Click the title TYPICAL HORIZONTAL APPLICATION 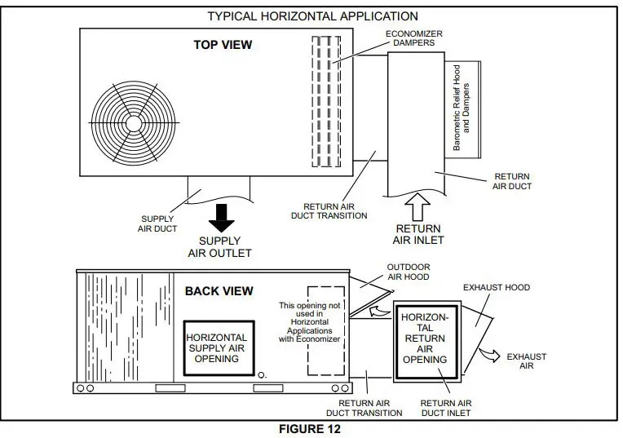pos(312,15)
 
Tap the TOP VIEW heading pos(223,45)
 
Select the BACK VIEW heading pos(219,290)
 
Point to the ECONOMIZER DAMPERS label pos(414,38)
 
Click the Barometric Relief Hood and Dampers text pos(462,107)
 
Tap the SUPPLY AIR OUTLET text pos(220,246)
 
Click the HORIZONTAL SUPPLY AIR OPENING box pos(217,347)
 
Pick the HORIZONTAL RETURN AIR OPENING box pos(425,338)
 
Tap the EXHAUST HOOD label pos(496,288)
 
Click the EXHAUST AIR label pos(527,362)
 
